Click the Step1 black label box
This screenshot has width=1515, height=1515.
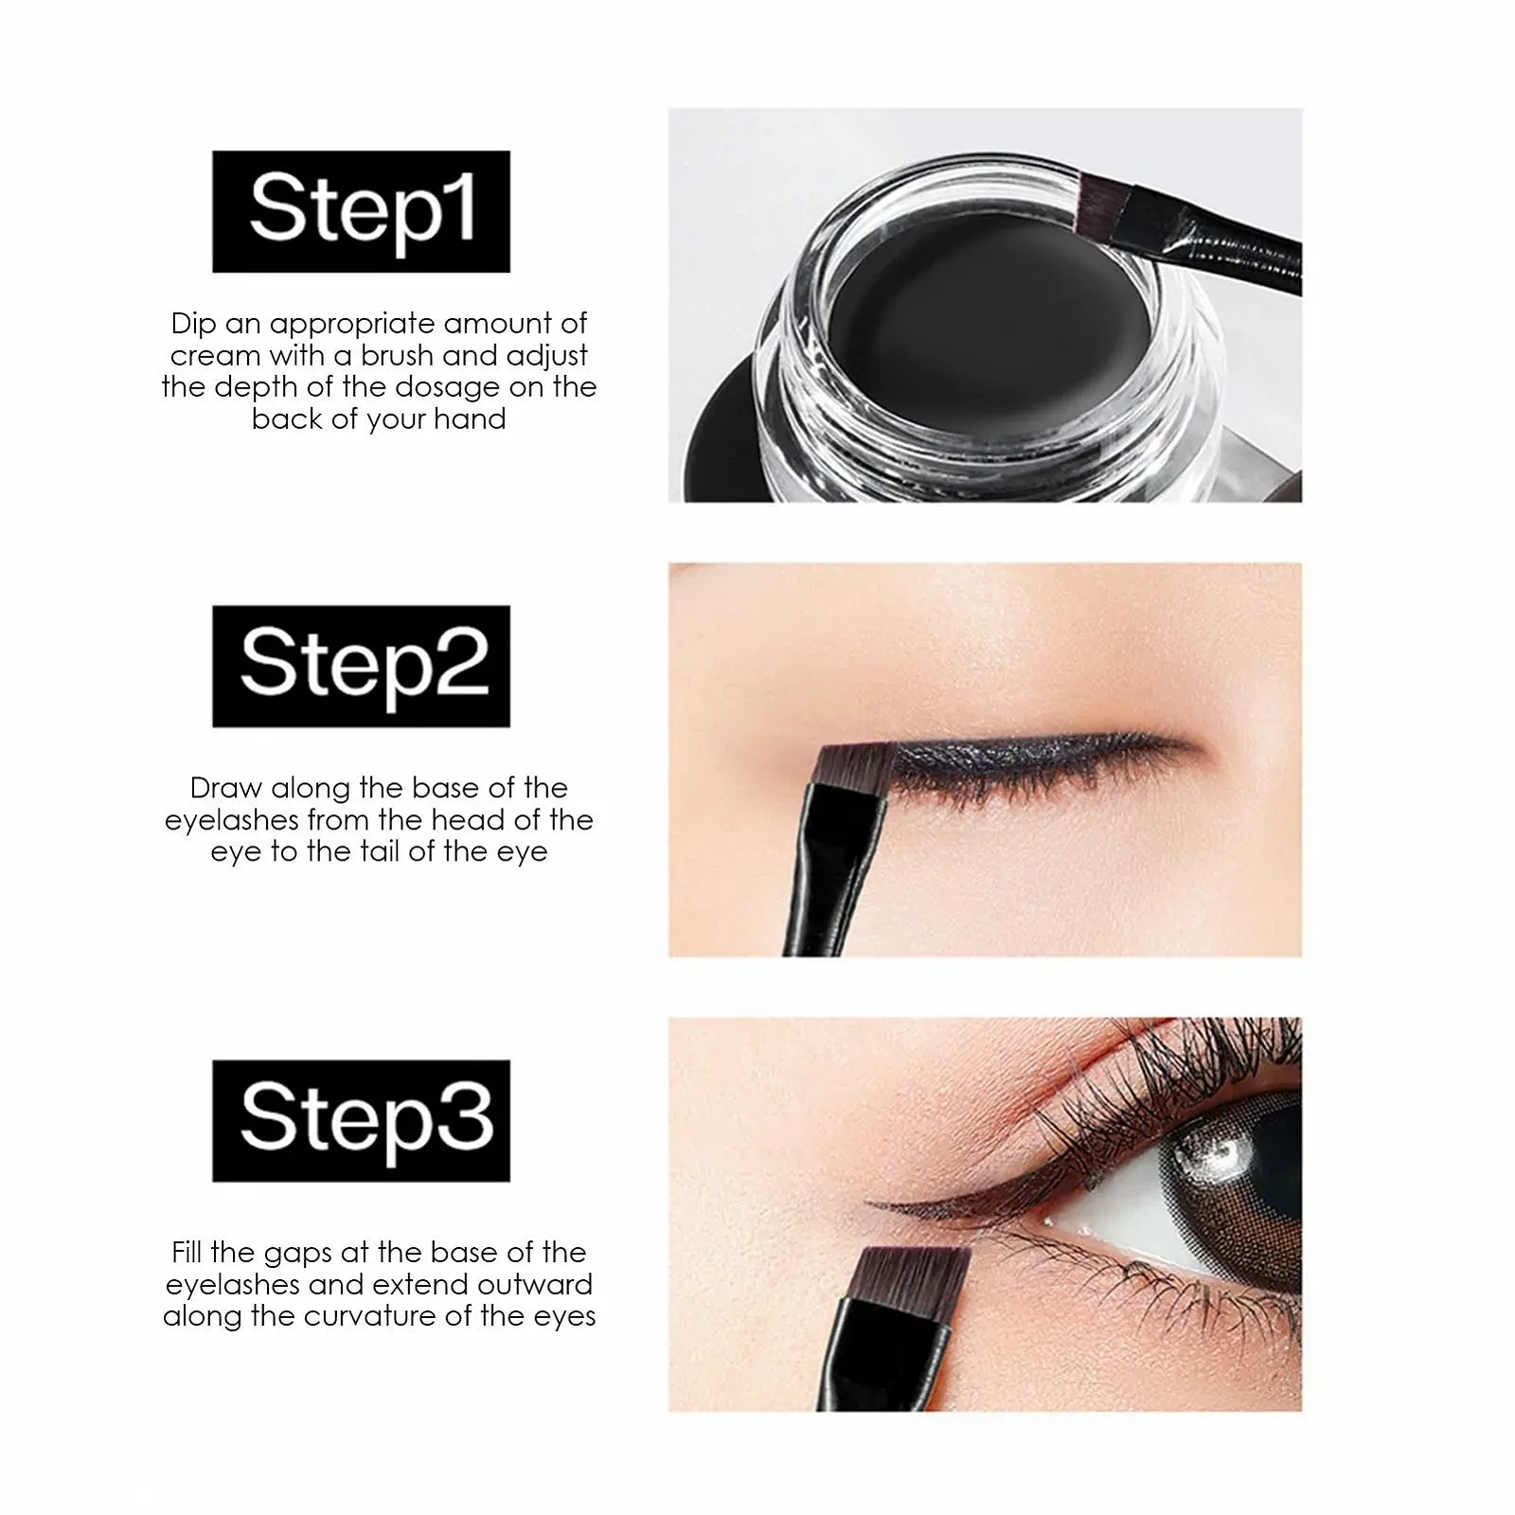361,211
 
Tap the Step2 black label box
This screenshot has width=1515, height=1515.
361,666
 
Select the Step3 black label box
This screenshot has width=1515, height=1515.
361,1120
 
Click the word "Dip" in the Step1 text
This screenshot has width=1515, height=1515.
194,325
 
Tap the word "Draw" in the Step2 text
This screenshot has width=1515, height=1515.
226,788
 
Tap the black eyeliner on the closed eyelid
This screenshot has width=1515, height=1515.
1032,752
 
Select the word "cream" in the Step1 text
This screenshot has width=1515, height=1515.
216,356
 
